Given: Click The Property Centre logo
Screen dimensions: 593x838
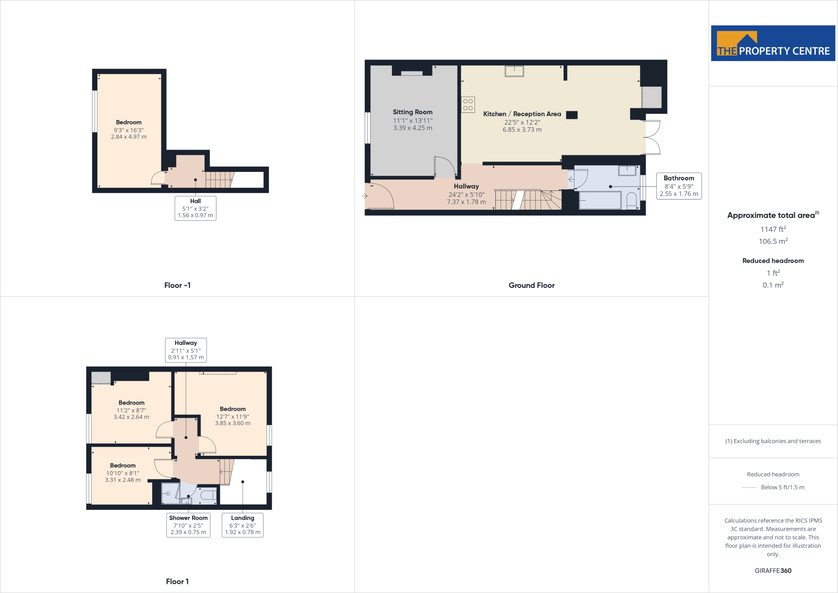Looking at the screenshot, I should (x=773, y=43).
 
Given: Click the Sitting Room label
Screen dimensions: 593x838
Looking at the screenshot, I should (x=412, y=112).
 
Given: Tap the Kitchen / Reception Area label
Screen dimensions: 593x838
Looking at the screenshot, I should (x=522, y=114).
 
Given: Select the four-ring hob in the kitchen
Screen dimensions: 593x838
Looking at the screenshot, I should (x=468, y=105).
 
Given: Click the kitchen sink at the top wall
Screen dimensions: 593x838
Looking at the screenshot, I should (x=514, y=71).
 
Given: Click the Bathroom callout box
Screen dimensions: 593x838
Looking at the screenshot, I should (x=679, y=186).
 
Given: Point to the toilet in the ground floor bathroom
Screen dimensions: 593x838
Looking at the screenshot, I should (x=631, y=200).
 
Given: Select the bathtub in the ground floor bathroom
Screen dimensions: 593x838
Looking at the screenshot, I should (x=600, y=200).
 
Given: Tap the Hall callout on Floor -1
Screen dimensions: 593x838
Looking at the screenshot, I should (x=195, y=208).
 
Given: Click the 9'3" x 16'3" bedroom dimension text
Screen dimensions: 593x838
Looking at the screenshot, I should (x=128, y=130).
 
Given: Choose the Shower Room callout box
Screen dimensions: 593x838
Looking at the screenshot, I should (x=188, y=525).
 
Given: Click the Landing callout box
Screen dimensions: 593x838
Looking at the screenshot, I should (x=242, y=525).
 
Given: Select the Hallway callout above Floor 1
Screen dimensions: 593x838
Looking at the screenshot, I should (x=186, y=350).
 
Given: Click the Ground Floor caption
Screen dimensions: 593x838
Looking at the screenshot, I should (x=531, y=285).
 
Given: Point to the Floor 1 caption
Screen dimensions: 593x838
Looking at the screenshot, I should (x=177, y=582).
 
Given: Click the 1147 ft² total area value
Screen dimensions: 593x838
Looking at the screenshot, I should (x=773, y=229).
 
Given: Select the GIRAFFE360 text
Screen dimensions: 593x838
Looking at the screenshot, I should (x=773, y=570).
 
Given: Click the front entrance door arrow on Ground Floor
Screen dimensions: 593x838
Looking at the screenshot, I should (x=365, y=196).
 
